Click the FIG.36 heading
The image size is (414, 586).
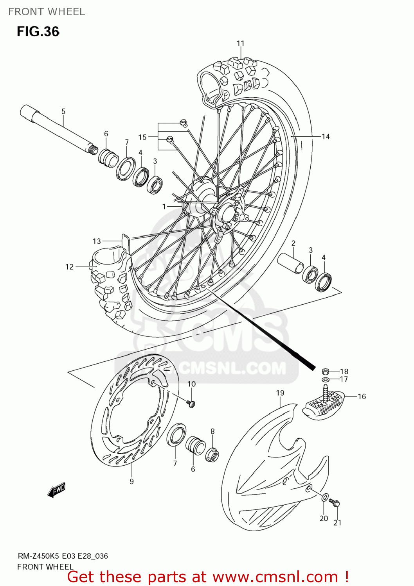38,31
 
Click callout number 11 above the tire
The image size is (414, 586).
240,43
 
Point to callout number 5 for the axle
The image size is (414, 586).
63,111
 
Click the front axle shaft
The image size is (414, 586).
59,129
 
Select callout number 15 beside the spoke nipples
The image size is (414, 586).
142,137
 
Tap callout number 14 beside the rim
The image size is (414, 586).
326,136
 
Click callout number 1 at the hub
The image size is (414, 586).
164,206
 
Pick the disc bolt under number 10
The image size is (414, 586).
191,404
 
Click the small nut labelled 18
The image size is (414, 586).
325,372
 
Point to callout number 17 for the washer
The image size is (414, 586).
344,379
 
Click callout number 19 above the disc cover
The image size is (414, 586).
280,393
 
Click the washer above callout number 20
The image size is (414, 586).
325,498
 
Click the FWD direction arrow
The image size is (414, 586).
57,490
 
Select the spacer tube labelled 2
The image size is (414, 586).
290,264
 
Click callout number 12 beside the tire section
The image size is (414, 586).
69,267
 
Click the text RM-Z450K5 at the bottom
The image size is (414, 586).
38,556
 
